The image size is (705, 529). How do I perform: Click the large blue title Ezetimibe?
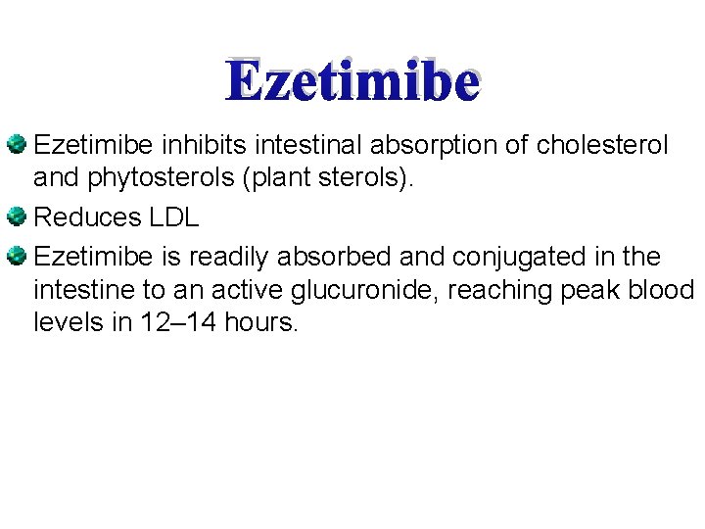pos(352,82)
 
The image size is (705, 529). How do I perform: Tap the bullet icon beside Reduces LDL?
pos(18,216)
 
